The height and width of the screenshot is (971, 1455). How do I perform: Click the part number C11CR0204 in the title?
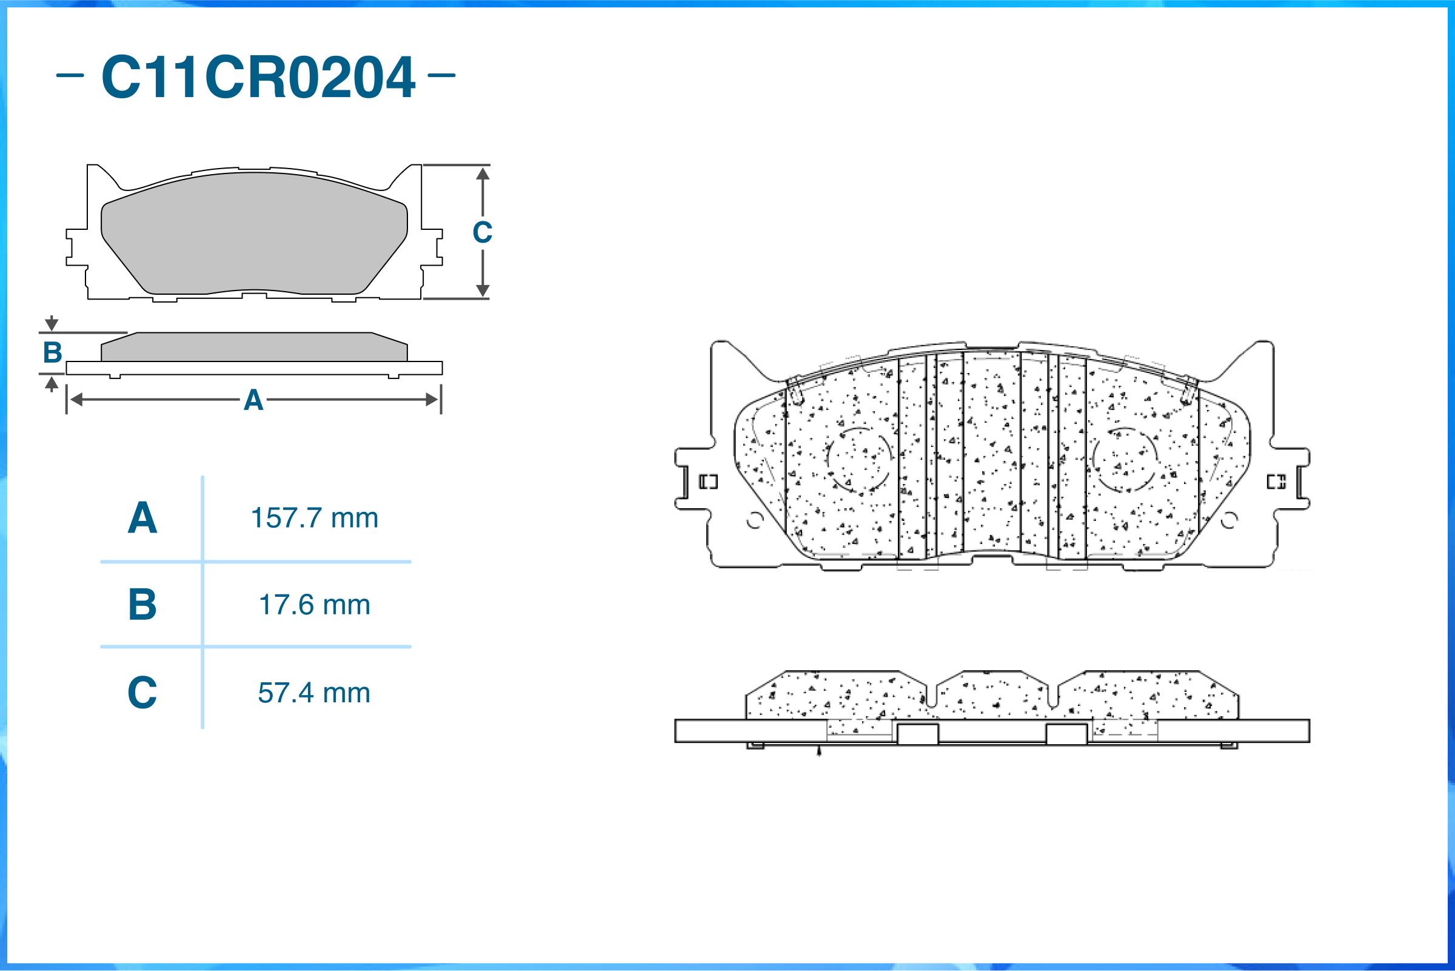(x=258, y=77)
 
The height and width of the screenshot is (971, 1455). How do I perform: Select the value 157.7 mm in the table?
(x=315, y=518)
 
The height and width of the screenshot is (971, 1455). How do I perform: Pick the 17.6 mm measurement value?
(x=315, y=605)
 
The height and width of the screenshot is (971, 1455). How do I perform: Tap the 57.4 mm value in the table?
(x=315, y=693)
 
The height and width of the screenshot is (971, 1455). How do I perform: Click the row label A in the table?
(x=142, y=518)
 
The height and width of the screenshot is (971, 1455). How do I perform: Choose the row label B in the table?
(x=142, y=605)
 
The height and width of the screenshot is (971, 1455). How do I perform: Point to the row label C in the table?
(x=142, y=693)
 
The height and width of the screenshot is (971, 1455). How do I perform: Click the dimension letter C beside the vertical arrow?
(x=483, y=232)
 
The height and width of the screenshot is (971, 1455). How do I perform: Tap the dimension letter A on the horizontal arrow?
(x=254, y=400)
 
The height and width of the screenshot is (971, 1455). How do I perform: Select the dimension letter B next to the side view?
(x=53, y=352)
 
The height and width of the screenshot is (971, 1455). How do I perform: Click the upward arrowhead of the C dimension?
(x=483, y=173)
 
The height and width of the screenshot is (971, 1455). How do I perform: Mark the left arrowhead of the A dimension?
(x=76, y=400)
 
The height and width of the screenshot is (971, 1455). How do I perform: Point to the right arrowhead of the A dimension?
(x=432, y=400)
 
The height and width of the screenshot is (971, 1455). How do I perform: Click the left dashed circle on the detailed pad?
(x=859, y=460)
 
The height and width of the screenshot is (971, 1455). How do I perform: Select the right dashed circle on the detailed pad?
(x=1125, y=460)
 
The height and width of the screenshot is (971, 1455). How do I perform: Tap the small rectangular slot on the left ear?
(x=709, y=482)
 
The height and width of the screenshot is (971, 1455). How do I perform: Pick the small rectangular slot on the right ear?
(x=1276, y=482)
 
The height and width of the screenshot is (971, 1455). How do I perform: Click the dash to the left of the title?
(x=70, y=76)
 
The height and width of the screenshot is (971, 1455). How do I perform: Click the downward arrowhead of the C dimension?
(x=483, y=291)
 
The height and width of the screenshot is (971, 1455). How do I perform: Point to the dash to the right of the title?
(x=441, y=76)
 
